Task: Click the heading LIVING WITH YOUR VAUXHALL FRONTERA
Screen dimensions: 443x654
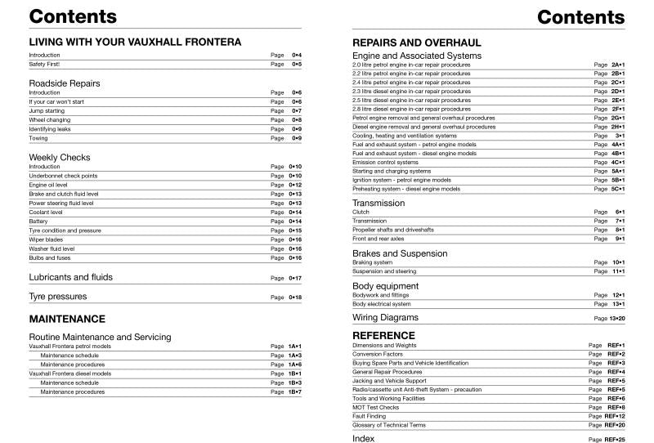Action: tap(135, 41)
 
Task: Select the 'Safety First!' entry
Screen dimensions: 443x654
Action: tap(44, 64)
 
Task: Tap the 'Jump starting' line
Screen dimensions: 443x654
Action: tap(46, 110)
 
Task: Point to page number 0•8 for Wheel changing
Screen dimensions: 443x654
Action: tap(297, 120)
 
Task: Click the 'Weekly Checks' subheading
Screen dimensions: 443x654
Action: tap(60, 157)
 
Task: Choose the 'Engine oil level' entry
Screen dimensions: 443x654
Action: tap(49, 185)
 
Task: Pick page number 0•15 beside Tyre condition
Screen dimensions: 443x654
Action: tap(295, 230)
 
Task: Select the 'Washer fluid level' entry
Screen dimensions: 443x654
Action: tap(52, 248)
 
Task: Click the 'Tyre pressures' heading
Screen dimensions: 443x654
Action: tap(57, 297)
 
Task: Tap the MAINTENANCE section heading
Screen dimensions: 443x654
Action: tap(67, 319)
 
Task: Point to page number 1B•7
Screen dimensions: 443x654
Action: tap(294, 392)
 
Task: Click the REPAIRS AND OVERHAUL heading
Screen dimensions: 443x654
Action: tap(416, 42)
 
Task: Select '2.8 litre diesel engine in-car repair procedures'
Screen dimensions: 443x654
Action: tap(411, 109)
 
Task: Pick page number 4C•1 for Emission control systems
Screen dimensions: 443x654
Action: tap(617, 162)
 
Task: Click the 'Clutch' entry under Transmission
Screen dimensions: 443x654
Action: tap(361, 212)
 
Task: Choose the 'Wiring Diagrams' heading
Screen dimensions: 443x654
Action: tap(385, 317)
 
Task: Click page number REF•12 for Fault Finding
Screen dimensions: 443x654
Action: tap(615, 416)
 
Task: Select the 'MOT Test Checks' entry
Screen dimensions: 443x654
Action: tap(375, 407)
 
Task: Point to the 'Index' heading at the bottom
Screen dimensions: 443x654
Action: tap(363, 438)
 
